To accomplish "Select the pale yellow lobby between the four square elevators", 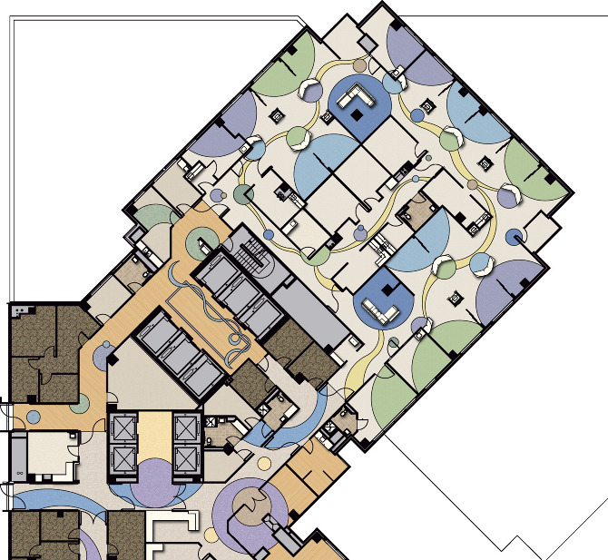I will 153,439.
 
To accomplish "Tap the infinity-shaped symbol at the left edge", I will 17,473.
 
